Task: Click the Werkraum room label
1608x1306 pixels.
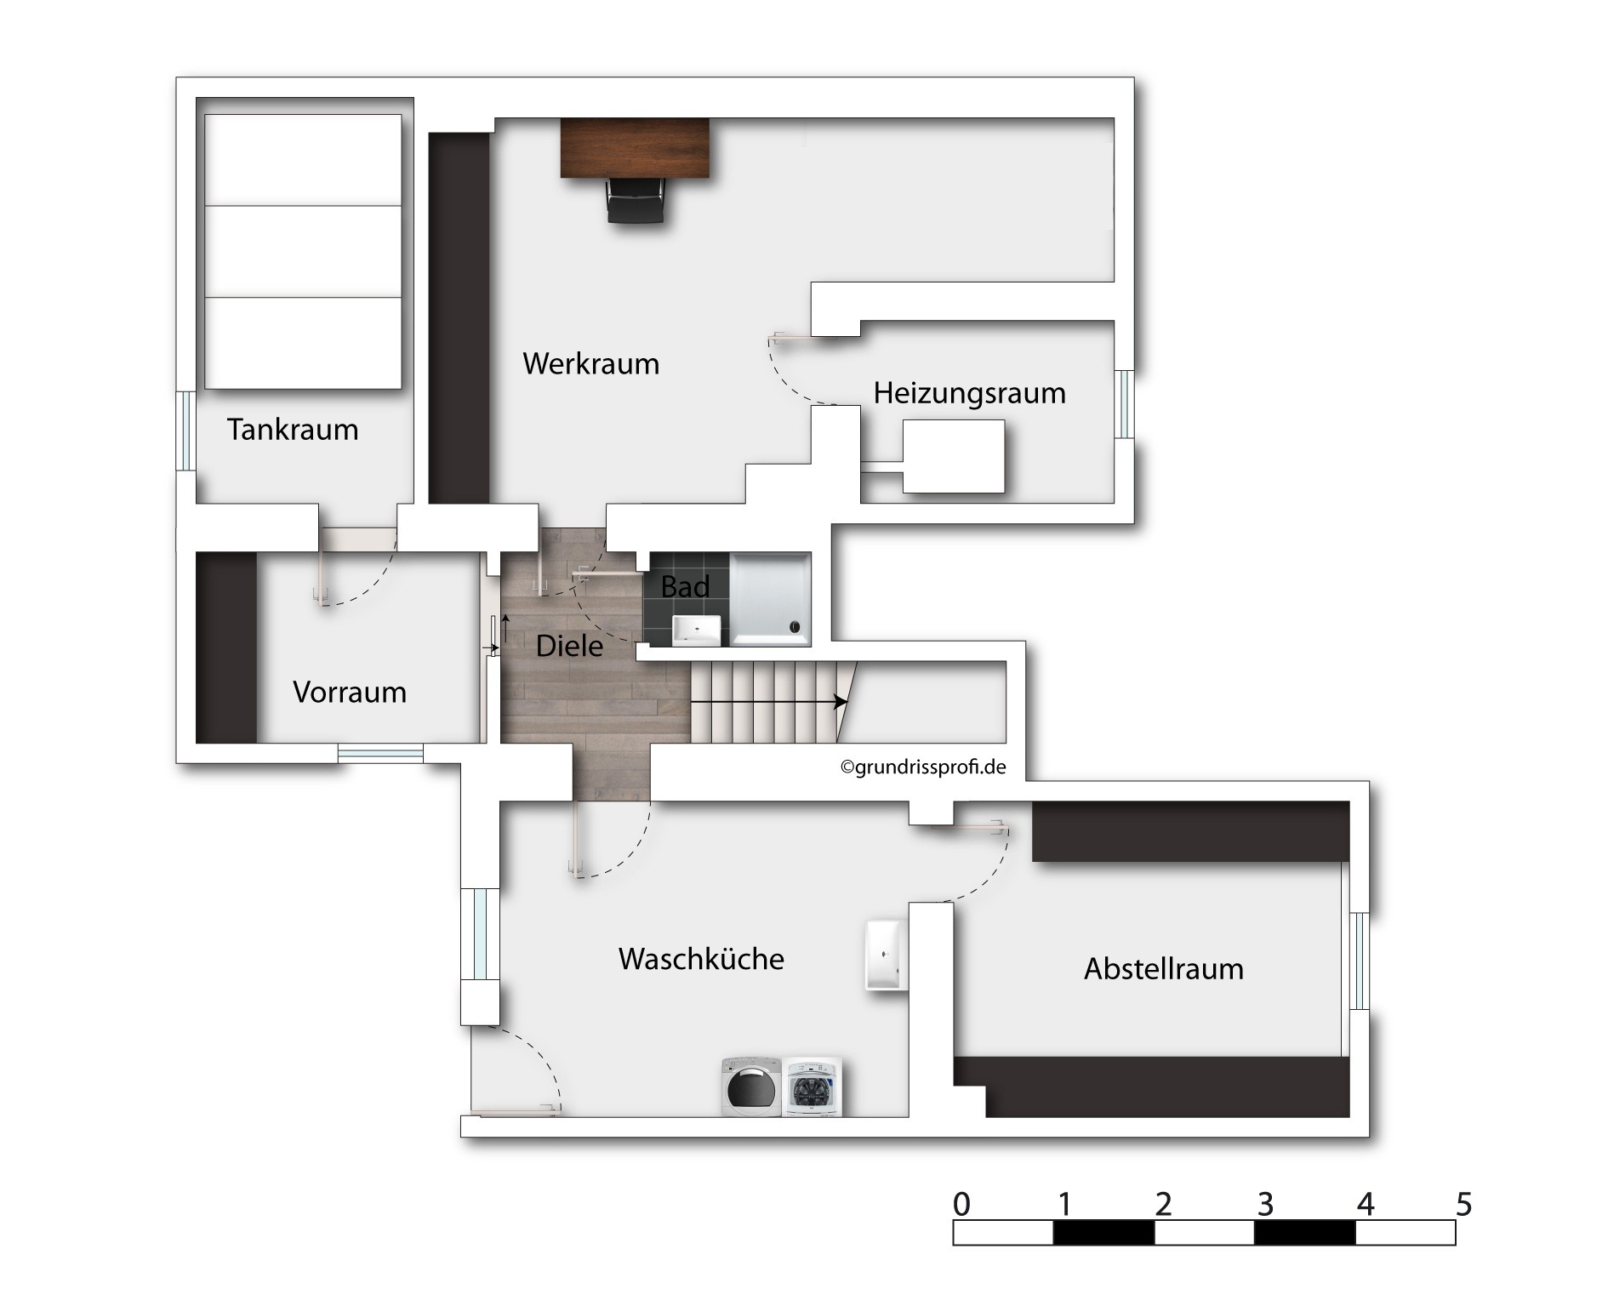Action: pos(590,364)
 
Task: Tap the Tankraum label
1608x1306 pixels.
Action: pos(293,430)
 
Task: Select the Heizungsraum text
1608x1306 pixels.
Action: pos(969,394)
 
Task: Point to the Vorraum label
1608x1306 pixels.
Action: pos(350,693)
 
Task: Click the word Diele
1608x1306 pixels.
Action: pos(569,647)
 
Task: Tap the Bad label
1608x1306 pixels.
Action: pos(685,587)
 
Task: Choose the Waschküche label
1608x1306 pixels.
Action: pos(701,960)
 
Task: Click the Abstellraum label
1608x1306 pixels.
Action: pos(1164,969)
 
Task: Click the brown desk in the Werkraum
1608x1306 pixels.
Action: pos(635,148)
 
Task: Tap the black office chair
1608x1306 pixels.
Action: pos(635,201)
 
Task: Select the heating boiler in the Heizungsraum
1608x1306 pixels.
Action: pos(953,456)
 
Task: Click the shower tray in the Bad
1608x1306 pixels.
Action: pos(770,599)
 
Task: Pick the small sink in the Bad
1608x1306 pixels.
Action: pos(697,630)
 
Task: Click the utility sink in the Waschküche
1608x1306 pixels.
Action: pos(887,955)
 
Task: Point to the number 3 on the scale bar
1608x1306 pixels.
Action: pos(1265,1204)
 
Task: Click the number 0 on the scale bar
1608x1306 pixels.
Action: pos(961,1204)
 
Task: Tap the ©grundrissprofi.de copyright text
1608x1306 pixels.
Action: pos(923,767)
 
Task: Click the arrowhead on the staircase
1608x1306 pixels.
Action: pos(841,702)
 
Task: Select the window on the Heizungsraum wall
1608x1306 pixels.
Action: pos(1125,404)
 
